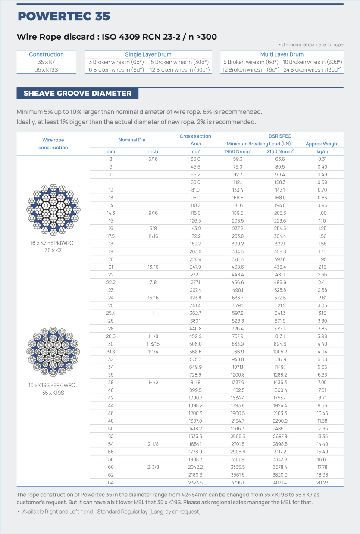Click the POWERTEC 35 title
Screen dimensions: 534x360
[x=64, y=16]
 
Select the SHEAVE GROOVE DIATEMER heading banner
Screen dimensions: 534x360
[x=78, y=93]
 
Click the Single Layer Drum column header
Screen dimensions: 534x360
[x=148, y=54]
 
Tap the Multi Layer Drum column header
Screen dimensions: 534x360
[x=282, y=54]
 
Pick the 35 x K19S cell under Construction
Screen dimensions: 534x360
[x=46, y=69]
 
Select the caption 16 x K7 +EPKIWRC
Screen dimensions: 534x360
[x=53, y=243]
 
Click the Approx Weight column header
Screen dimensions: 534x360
[x=322, y=144]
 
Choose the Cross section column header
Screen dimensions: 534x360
[x=195, y=136]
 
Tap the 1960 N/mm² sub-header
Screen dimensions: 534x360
[x=238, y=151]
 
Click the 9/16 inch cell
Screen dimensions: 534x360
[x=153, y=213]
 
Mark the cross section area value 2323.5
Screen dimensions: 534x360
[x=195, y=483]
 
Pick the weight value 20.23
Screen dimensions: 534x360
[x=322, y=483]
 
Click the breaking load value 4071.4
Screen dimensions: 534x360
[x=280, y=483]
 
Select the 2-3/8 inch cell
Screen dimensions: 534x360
[x=153, y=467]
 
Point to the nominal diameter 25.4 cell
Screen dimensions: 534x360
[x=111, y=313]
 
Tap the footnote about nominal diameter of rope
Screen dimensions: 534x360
[x=311, y=45]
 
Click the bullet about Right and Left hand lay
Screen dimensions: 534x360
[x=111, y=512]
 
